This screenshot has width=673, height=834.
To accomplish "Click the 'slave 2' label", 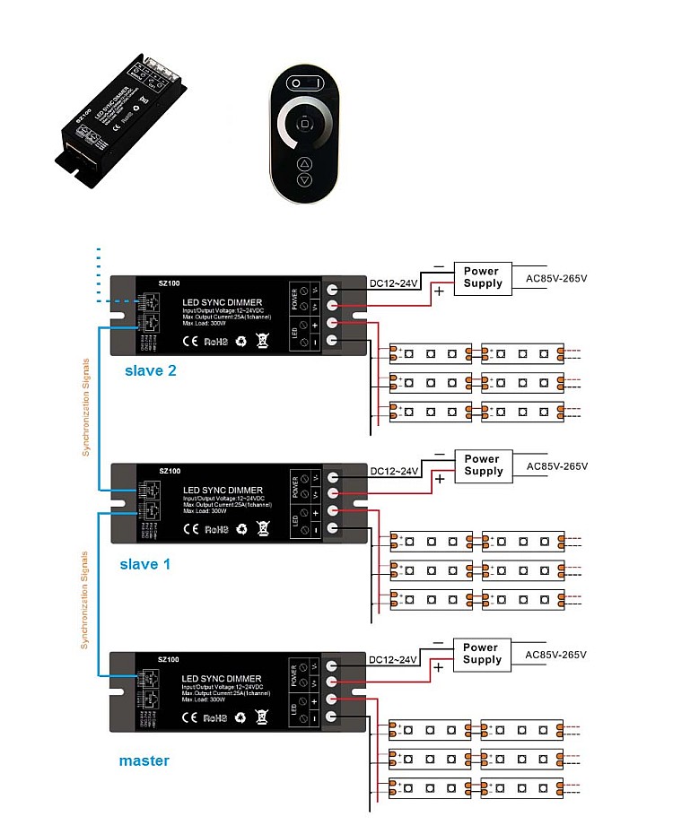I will coord(150,369).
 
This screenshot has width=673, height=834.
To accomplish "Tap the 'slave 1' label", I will coord(144,564).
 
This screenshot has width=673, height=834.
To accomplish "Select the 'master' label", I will coord(144,760).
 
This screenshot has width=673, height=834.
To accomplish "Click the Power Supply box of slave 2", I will coord(483,277).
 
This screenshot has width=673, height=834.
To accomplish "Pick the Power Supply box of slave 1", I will coord(483,465).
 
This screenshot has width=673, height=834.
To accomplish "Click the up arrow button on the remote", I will coord(305,164).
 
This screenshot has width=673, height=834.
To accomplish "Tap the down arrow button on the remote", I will coord(305,180).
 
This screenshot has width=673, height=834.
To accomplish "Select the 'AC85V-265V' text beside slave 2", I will coord(556,278).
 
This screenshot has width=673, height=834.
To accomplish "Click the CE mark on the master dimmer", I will coord(190,717).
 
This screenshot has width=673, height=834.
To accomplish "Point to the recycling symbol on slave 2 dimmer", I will coord(241,341).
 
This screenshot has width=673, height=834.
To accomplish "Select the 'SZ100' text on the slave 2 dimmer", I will coord(169,283).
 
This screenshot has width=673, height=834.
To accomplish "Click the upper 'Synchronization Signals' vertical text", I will coord(86,408).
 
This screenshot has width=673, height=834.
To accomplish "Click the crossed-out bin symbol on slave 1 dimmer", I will coord(263,529).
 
